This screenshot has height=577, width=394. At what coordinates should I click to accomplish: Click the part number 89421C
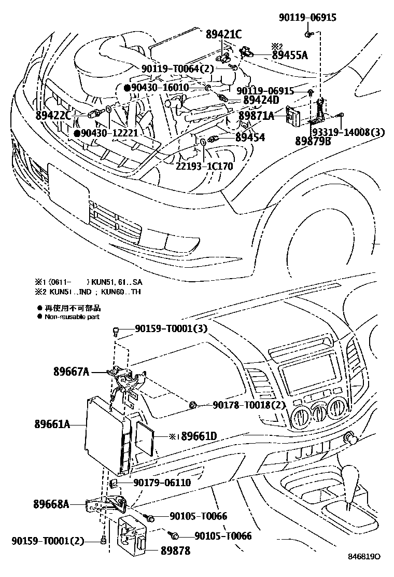click(223, 35)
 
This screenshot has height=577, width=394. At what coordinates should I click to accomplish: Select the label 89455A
click(290, 55)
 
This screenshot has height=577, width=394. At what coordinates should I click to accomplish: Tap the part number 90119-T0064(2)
click(177, 68)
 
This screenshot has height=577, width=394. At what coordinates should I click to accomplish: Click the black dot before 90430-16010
click(126, 88)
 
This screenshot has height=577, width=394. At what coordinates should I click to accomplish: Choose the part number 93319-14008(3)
click(348, 132)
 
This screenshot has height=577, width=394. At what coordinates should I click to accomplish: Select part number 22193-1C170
click(204, 166)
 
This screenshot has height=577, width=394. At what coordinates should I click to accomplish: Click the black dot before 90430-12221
click(77, 133)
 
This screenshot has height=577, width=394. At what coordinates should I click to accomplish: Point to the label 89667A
click(71, 372)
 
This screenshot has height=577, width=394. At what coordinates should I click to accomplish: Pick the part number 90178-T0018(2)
click(249, 405)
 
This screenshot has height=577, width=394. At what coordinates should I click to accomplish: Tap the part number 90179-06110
click(162, 483)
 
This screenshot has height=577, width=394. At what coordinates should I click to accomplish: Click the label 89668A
click(51, 503)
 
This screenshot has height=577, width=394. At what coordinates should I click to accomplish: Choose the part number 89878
click(175, 551)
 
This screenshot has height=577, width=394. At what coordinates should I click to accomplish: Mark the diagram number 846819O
click(364, 556)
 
